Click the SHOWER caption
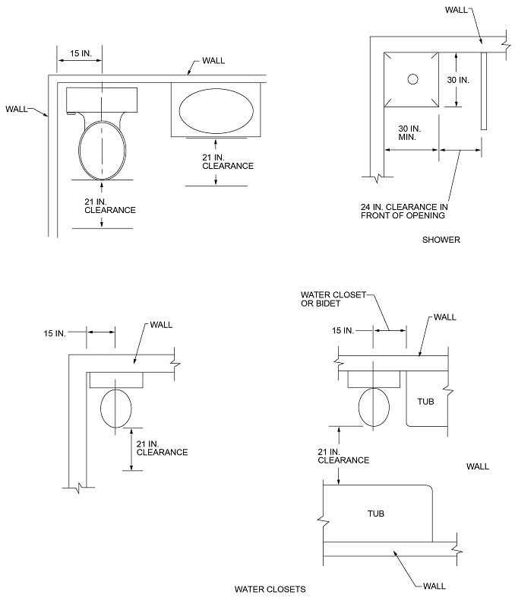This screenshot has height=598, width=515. coord(441,240)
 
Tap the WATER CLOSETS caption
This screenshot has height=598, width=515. coord(270,589)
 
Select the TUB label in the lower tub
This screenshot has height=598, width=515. coord(375,514)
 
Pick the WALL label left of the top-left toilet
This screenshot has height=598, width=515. coord(17,109)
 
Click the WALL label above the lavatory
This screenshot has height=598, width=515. coord(213,60)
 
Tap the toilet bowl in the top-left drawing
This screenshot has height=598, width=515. coord(101,148)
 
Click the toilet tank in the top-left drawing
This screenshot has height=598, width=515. coord(101,100)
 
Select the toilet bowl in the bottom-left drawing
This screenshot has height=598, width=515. coord(116,408)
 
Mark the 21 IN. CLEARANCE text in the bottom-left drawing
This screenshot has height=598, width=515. coord(162,447)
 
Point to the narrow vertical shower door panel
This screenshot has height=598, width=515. coord(482,91)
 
